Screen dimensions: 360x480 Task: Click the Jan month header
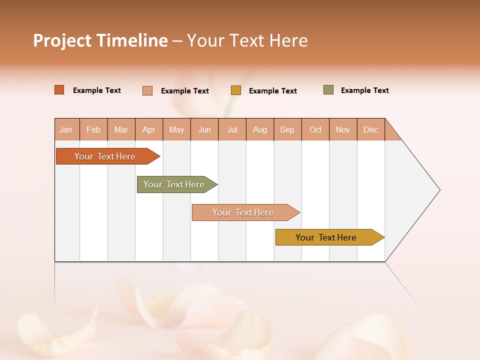click(x=66, y=129)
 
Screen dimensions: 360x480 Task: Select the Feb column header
click(x=93, y=129)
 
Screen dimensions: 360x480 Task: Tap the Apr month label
click(x=148, y=129)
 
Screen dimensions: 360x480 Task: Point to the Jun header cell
click(x=204, y=129)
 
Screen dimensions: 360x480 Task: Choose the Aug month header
click(x=259, y=129)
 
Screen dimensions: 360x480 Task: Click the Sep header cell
click(x=287, y=129)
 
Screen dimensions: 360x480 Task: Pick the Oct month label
click(x=315, y=129)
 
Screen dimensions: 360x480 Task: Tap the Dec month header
click(x=370, y=129)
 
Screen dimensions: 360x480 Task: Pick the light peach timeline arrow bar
click(x=243, y=212)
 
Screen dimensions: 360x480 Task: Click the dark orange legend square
click(x=59, y=90)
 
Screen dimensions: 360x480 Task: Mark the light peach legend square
click(x=147, y=90)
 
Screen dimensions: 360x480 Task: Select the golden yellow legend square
click(x=236, y=90)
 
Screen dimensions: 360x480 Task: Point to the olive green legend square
click(x=328, y=90)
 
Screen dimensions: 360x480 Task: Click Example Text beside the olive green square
click(x=364, y=90)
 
